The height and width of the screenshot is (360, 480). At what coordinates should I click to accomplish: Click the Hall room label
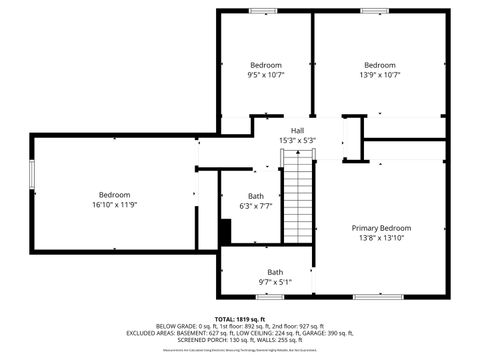pos(297,131)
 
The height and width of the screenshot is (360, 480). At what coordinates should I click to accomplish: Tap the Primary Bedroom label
pos(381,228)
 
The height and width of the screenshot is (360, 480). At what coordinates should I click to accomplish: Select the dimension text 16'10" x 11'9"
pos(114,205)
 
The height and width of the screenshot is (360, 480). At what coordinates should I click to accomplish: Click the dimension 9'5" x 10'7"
pos(266,75)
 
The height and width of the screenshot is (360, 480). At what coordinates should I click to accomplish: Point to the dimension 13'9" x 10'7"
pos(380,75)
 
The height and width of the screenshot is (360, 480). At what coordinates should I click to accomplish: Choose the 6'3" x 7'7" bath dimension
pos(256,206)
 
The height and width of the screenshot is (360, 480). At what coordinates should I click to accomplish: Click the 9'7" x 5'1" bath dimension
pos(275,283)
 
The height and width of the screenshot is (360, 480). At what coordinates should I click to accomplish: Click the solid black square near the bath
pos(225,231)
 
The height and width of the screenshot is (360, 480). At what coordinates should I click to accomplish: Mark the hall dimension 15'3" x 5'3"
pos(297,141)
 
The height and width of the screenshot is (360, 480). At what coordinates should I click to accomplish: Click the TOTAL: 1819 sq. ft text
pos(240,317)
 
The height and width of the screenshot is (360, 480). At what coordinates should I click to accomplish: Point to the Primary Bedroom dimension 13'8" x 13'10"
pos(381,239)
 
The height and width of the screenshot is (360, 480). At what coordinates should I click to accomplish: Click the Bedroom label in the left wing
pos(114,194)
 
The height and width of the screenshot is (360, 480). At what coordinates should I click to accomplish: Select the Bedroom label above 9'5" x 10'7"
pos(266,65)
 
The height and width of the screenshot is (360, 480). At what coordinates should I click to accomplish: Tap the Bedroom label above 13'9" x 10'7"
pos(380,65)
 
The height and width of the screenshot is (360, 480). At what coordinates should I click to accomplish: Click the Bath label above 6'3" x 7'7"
pos(256,196)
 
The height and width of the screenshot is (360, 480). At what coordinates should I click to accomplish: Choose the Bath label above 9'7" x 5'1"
pos(275,272)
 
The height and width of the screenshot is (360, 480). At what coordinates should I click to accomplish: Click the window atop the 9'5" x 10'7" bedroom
pos(264,11)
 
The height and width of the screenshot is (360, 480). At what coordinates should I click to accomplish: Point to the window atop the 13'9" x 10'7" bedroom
pos(376,11)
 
